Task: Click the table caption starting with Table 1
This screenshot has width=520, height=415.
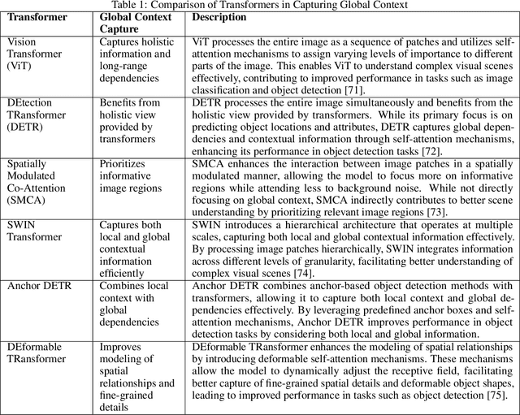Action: click(x=260, y=6)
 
